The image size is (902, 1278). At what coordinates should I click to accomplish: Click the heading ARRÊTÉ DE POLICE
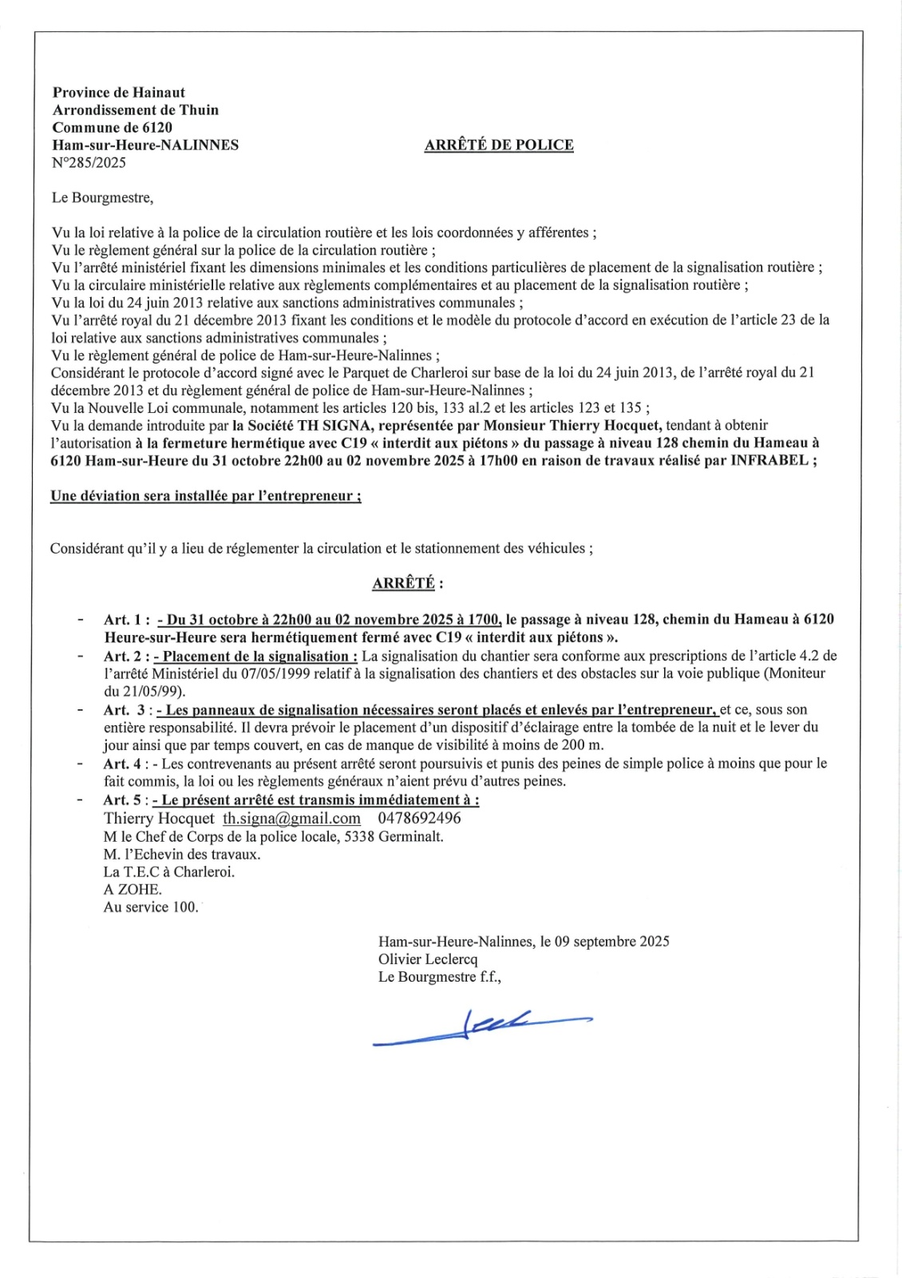499,145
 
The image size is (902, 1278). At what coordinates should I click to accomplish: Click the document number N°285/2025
89,163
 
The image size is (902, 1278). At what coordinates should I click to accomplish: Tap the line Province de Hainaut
119,93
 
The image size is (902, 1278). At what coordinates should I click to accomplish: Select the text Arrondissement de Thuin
136,110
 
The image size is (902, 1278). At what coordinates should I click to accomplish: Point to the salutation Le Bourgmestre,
102,197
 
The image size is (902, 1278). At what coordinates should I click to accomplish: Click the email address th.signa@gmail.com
291,819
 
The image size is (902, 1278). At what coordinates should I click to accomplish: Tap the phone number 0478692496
419,819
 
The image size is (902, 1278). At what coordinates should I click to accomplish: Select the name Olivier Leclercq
428,959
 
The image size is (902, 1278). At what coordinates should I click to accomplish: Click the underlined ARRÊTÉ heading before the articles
404,583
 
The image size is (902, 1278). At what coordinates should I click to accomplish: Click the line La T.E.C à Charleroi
169,872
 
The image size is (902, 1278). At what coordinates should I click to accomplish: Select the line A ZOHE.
133,890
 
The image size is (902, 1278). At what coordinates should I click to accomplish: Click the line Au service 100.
151,907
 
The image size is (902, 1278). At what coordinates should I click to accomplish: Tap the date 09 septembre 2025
612,942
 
